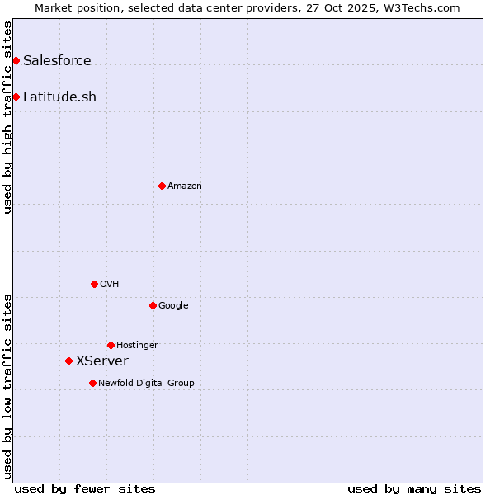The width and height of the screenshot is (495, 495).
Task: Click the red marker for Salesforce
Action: click(x=16, y=60)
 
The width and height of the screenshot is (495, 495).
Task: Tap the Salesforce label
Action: click(x=57, y=60)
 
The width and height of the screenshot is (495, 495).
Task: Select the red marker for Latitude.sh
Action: click(x=16, y=97)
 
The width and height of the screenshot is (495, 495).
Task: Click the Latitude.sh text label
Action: click(x=59, y=97)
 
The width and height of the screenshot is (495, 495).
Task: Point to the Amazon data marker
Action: click(x=162, y=186)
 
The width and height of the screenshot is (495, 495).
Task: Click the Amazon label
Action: click(x=185, y=186)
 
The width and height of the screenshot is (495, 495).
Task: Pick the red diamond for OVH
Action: click(x=94, y=284)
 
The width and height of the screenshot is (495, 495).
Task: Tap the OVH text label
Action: click(x=110, y=284)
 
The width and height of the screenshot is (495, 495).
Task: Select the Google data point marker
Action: click(x=153, y=305)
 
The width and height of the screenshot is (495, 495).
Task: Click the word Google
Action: click(x=173, y=305)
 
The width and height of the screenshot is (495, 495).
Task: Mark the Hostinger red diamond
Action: click(x=111, y=345)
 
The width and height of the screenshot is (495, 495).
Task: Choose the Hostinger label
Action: click(x=137, y=345)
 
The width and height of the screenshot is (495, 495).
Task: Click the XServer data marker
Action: click(x=68, y=361)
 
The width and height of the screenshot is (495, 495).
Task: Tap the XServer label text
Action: click(x=102, y=361)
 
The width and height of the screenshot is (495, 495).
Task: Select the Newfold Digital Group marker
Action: click(x=92, y=383)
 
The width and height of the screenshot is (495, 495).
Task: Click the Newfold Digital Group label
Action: click(x=146, y=383)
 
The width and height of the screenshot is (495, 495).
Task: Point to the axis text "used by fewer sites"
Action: click(x=85, y=488)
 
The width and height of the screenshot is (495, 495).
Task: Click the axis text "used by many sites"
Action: click(x=414, y=488)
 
